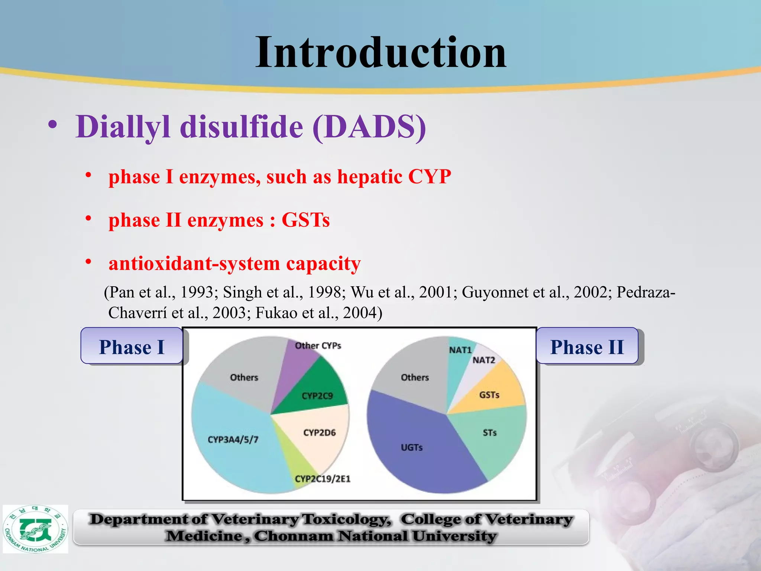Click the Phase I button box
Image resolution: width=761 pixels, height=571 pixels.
pyautogui.click(x=132, y=346)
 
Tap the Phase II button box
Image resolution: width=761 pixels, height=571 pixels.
pyautogui.click(x=587, y=346)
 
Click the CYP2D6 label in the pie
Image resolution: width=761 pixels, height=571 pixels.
pyautogui.click(x=319, y=433)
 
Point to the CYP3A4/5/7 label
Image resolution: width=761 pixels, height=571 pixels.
pyautogui.click(x=233, y=440)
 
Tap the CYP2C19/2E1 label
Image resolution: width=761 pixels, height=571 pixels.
pyautogui.click(x=322, y=479)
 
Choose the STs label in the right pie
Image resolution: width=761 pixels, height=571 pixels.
pyautogui.click(x=489, y=433)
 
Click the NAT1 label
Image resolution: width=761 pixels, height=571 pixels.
pyautogui.click(x=460, y=350)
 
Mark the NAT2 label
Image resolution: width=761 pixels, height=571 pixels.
pyautogui.click(x=483, y=360)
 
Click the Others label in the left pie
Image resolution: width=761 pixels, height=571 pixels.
pyautogui.click(x=244, y=377)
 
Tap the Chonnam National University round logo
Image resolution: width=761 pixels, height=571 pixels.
pyautogui.click(x=35, y=529)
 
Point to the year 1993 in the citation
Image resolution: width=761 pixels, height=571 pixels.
pyautogui.click(x=197, y=292)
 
